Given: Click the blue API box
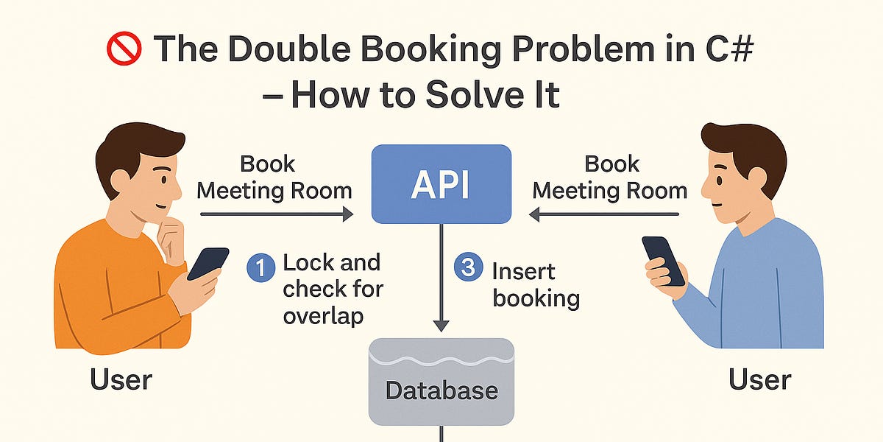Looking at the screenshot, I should (441, 184).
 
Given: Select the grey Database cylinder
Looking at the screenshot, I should (441, 383).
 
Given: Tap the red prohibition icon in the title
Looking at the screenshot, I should (122, 50).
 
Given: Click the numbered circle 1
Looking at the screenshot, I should (258, 267).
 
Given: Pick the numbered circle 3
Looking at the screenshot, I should (467, 267).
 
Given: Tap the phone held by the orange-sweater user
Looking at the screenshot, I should (208, 263).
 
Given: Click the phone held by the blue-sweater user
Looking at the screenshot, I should (663, 260).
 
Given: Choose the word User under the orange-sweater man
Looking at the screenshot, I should (121, 380).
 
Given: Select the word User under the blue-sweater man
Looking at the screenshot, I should (759, 380).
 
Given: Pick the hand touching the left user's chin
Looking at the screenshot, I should (174, 239).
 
